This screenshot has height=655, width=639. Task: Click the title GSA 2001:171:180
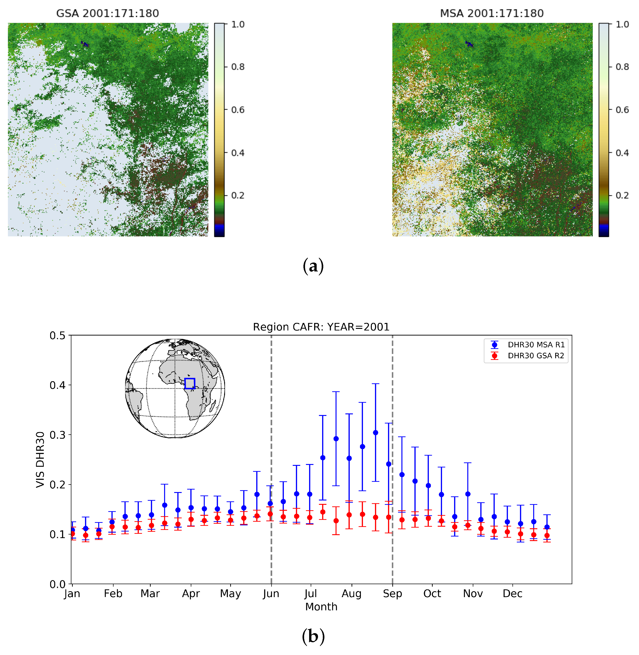pyautogui.click(x=107, y=13)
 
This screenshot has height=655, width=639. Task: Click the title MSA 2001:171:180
pyautogui.click(x=492, y=13)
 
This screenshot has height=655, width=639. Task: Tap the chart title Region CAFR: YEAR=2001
pyautogui.click(x=321, y=327)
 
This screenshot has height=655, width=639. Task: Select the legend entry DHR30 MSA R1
pyautogui.click(x=536, y=345)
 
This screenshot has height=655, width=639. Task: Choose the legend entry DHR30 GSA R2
pyautogui.click(x=536, y=356)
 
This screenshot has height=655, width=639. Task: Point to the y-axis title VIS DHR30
pyautogui.click(x=40, y=459)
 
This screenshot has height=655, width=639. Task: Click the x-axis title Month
pyautogui.click(x=321, y=607)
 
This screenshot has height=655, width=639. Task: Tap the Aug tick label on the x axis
pyautogui.click(x=351, y=594)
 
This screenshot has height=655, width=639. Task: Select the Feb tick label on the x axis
pyautogui.click(x=113, y=594)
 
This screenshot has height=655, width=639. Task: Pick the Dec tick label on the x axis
pyautogui.click(x=512, y=594)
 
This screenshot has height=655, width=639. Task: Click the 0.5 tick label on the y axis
pyautogui.click(x=57, y=335)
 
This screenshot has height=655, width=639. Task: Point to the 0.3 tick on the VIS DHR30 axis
pyautogui.click(x=57, y=435)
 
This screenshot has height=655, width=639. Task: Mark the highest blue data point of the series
pyautogui.click(x=375, y=433)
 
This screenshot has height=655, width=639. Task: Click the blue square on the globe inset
pyautogui.click(x=190, y=383)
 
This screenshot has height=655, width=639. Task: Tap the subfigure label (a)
pyautogui.click(x=313, y=266)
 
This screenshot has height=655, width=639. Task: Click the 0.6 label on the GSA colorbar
pyautogui.click(x=238, y=110)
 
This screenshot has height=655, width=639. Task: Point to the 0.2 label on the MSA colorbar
pyautogui.click(x=622, y=195)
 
